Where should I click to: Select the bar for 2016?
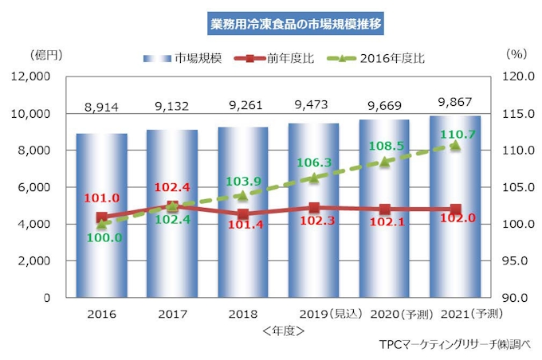tap(102, 215)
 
